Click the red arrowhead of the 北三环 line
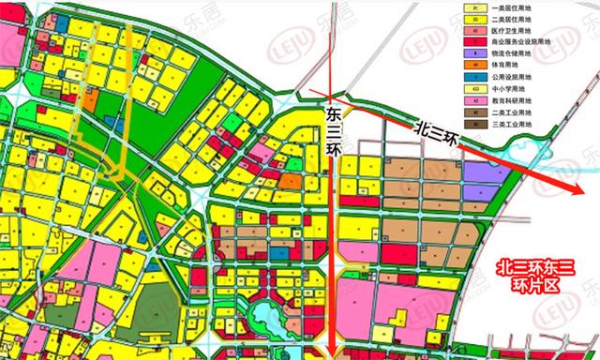578,189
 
